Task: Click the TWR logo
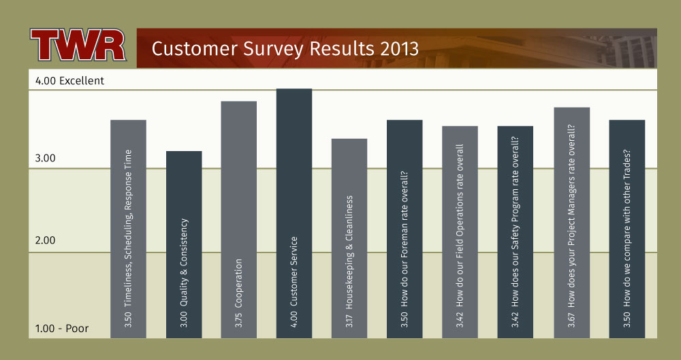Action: coord(78,45)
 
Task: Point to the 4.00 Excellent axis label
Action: coord(69,81)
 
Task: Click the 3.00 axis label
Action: coord(45,158)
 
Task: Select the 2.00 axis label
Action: coord(45,240)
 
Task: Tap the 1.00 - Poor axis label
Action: coord(62,328)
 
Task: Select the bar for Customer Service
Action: coord(294,213)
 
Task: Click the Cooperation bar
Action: coord(239,220)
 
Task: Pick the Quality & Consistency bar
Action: coord(184,244)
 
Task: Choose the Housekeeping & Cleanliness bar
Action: coord(349,238)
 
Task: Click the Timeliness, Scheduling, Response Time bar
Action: coord(129,229)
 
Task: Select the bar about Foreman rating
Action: coord(405,229)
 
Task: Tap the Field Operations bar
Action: coord(460,232)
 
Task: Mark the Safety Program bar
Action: coord(515,232)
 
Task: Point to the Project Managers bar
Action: coord(572,223)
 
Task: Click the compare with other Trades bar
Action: coord(627,229)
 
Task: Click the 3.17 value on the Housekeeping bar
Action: coord(349,321)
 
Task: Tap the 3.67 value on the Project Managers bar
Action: coord(572,320)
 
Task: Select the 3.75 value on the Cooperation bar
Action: coord(239,320)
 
